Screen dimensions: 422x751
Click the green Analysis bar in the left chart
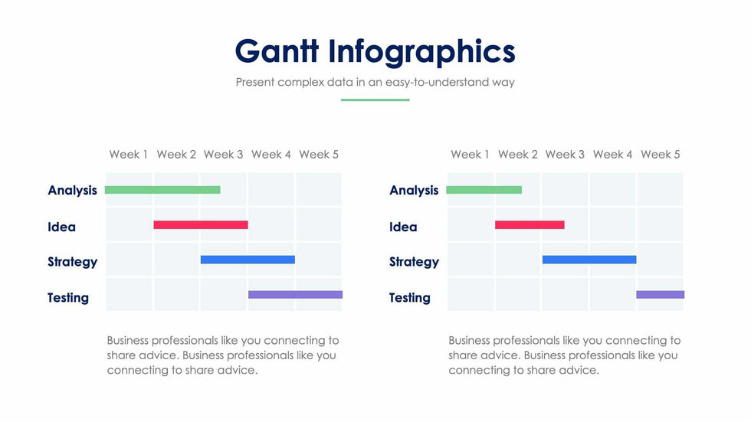(x=162, y=190)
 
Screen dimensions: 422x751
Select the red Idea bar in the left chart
(x=201, y=225)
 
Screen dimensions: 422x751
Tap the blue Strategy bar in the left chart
(x=248, y=260)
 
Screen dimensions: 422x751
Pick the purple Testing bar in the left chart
(x=295, y=294)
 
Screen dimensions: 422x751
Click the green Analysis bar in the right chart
(x=484, y=190)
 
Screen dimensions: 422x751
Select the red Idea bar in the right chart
(x=530, y=225)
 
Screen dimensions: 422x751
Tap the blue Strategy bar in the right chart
(x=589, y=260)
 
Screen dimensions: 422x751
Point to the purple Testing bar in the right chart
(x=660, y=294)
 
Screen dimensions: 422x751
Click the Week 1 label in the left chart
(x=129, y=155)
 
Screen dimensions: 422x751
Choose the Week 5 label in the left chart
(x=319, y=155)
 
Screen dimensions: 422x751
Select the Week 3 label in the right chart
(x=565, y=155)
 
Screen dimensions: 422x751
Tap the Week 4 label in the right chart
(x=613, y=155)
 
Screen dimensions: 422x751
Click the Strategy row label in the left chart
(x=73, y=262)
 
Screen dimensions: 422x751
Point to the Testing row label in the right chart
(x=410, y=298)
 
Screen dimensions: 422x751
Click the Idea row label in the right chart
(x=403, y=227)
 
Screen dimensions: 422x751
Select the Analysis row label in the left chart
(x=73, y=191)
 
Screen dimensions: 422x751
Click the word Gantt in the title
(x=277, y=51)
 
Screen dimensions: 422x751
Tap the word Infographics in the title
(x=421, y=51)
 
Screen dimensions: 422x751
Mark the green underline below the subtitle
(x=375, y=100)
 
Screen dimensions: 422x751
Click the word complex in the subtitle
(x=300, y=82)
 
